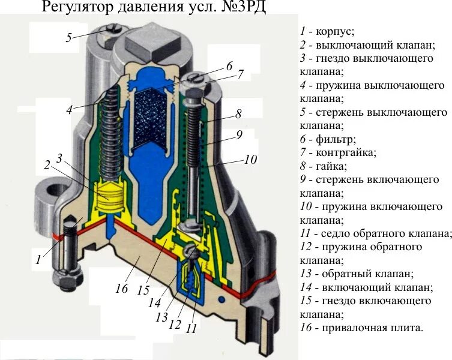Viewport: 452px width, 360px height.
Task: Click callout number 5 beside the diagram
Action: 69,37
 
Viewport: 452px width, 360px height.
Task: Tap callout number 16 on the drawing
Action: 122,289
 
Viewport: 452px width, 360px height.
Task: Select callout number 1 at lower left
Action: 39,260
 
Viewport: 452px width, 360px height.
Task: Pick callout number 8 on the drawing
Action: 238,113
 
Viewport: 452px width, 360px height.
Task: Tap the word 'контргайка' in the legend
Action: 347,153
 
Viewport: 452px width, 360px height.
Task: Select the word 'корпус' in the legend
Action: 335,31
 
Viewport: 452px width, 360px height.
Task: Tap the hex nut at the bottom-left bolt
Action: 59,279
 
